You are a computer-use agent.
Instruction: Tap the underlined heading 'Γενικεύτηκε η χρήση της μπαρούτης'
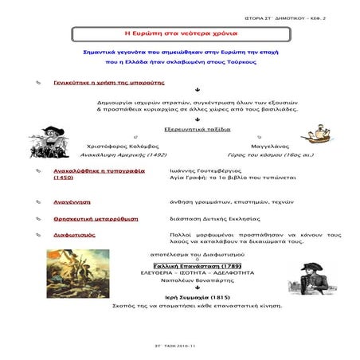point(102,82)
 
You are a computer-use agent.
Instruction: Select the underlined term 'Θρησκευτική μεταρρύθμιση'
point(96,217)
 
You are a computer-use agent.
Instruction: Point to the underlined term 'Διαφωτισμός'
point(76,235)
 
